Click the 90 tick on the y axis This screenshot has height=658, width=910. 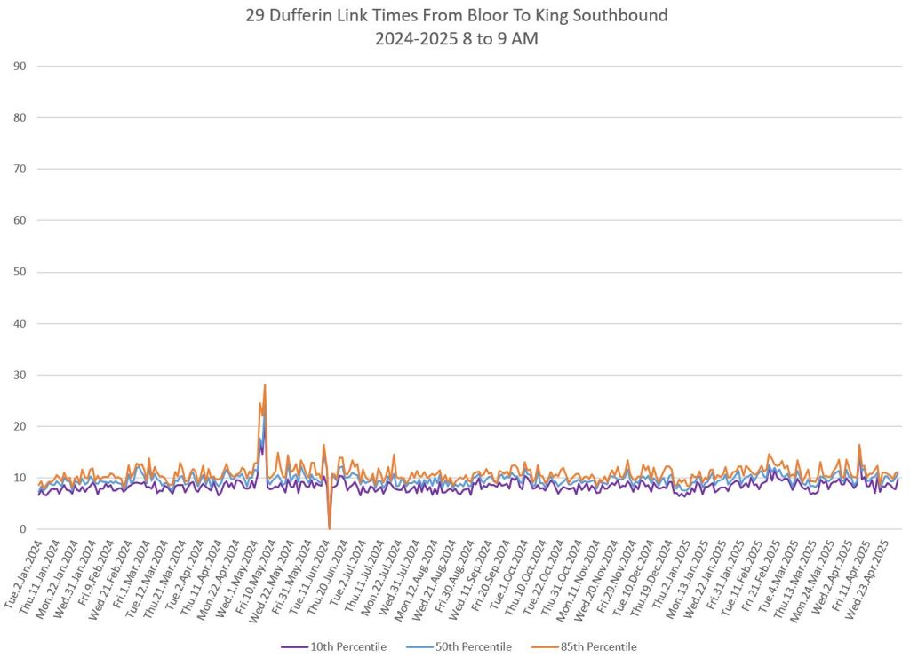click(x=19, y=66)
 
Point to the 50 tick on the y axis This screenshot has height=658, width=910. click(x=19, y=272)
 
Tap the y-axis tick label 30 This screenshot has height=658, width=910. click(x=19, y=375)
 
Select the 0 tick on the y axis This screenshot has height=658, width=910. click(x=22, y=529)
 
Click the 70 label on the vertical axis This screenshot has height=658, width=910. click(x=19, y=169)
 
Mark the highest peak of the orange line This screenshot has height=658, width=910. click(x=265, y=384)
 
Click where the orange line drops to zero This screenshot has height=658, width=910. click(x=330, y=528)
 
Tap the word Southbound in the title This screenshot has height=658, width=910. click(x=617, y=15)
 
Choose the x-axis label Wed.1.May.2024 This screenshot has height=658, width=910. click(x=239, y=574)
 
